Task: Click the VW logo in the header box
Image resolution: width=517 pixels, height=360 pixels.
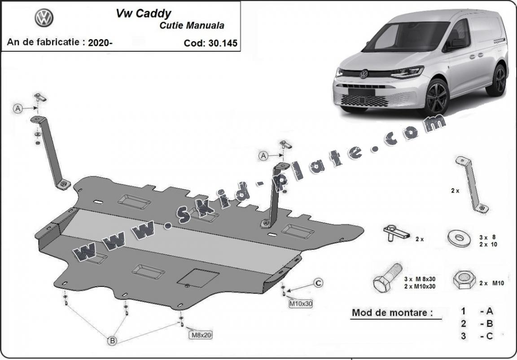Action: click(x=44, y=18)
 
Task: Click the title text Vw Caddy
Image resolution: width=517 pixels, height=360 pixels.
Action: click(x=143, y=13)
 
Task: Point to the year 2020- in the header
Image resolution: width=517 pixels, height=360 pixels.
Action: click(x=101, y=43)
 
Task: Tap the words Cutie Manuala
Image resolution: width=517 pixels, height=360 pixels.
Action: click(x=192, y=25)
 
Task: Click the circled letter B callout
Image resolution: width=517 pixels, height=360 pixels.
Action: click(x=112, y=341)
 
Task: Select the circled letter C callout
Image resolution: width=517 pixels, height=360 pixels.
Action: click(x=318, y=283)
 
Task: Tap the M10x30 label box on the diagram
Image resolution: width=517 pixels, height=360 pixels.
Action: click(x=300, y=303)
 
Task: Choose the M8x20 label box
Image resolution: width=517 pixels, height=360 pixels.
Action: click(x=201, y=334)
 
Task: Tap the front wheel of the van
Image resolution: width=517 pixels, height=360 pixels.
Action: click(x=436, y=97)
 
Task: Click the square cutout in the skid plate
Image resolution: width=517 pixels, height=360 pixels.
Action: click(x=198, y=277)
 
